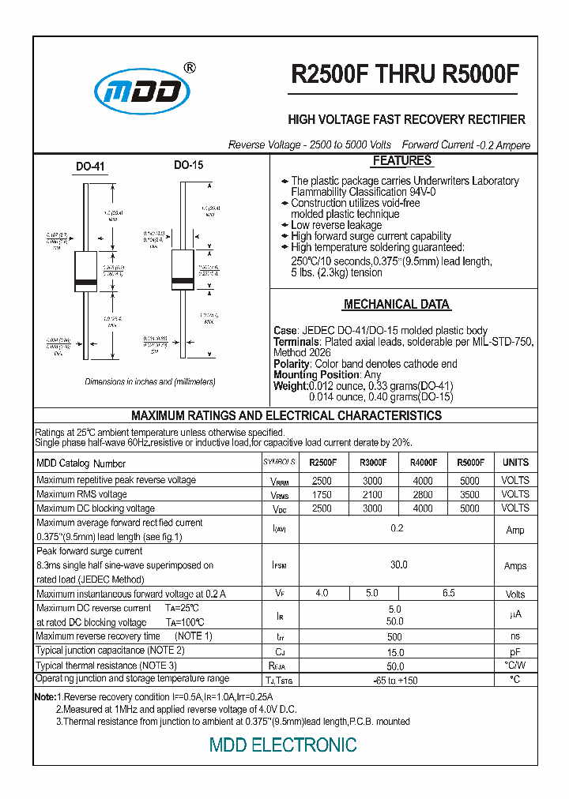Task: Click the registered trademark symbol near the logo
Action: (x=189, y=68)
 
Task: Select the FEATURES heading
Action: (x=401, y=161)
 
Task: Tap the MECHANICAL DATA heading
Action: (x=397, y=304)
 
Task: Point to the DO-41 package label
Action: (x=90, y=167)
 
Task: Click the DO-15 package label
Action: (x=188, y=165)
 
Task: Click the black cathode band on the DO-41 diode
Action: (x=85, y=283)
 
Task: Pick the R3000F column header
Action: (x=372, y=463)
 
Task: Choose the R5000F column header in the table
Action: (x=469, y=463)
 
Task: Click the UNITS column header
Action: (x=515, y=463)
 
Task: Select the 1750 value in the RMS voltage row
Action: (x=322, y=494)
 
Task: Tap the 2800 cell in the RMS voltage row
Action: (x=423, y=494)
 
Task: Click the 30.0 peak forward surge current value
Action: (x=398, y=565)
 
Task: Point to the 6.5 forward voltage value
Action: (x=448, y=593)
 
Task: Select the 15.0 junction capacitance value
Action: (x=396, y=651)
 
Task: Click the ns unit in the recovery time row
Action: (x=515, y=636)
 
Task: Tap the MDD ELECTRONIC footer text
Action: (x=283, y=745)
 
